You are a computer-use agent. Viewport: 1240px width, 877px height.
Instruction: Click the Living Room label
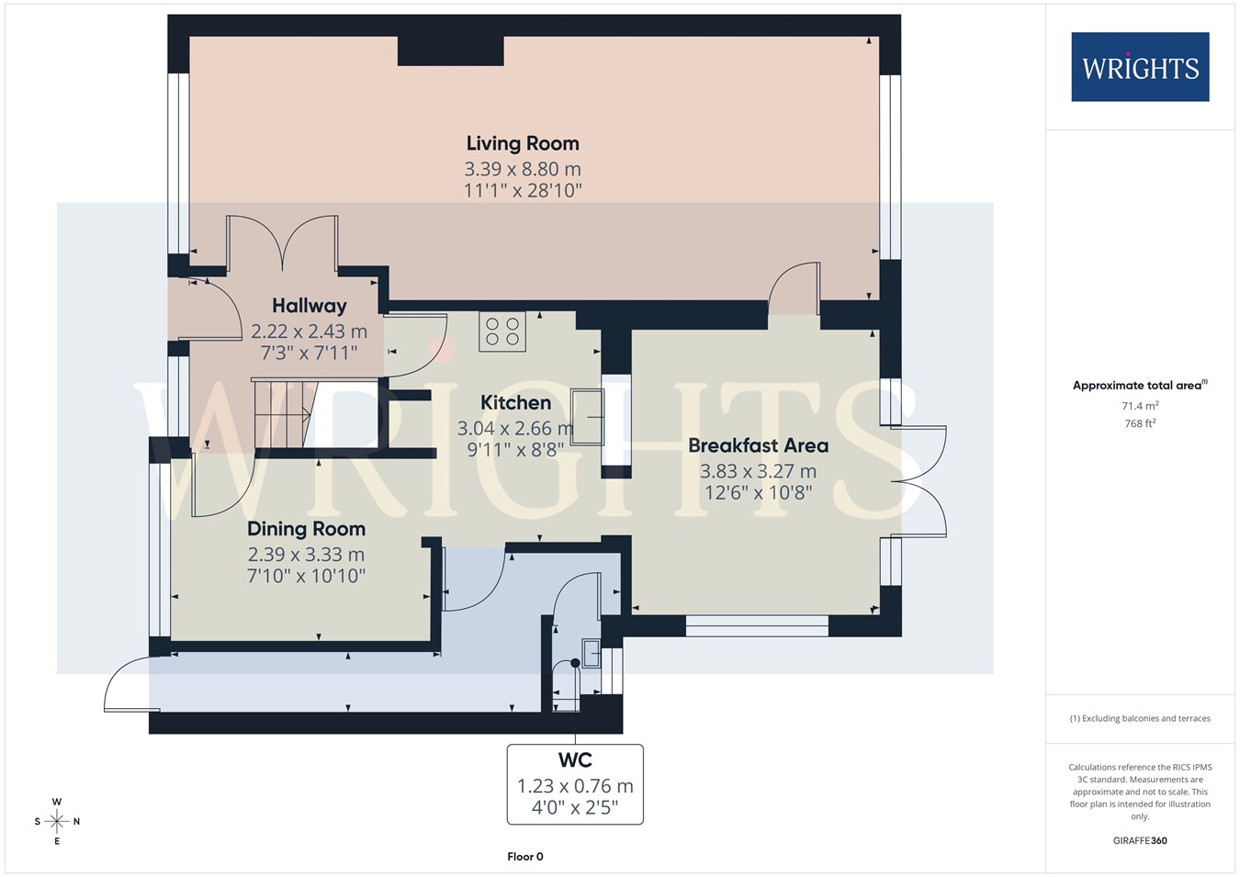point(523,143)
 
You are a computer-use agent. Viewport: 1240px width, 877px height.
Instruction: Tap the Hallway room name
point(310,306)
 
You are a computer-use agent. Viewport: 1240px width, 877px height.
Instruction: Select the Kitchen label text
point(515,402)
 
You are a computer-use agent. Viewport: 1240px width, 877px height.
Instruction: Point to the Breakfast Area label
point(759,445)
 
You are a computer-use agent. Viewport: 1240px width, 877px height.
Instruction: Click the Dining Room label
point(306,529)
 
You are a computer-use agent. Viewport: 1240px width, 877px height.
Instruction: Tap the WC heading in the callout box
point(575,760)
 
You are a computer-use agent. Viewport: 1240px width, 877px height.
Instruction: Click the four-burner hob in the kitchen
point(502,332)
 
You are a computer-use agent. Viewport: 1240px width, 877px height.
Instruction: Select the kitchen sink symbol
point(587,417)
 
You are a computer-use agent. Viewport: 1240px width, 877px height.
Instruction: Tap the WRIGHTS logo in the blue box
point(1140,67)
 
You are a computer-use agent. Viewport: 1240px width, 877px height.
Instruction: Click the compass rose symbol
point(56,821)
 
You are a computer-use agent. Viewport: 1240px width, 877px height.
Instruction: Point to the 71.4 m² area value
point(1140,406)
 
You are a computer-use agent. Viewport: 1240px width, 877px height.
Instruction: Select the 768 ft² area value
point(1140,423)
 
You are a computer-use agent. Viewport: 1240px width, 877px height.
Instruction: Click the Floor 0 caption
point(525,857)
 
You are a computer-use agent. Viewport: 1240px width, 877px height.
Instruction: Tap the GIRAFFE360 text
point(1140,840)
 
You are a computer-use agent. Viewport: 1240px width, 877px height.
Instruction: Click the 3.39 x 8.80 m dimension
point(523,168)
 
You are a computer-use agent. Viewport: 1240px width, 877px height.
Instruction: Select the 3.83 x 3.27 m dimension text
point(759,471)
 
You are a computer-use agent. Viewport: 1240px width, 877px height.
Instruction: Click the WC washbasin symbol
point(591,654)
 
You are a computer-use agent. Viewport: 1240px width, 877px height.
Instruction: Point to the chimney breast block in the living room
point(451,51)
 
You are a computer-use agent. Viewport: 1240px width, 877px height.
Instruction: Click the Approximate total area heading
point(1140,385)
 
